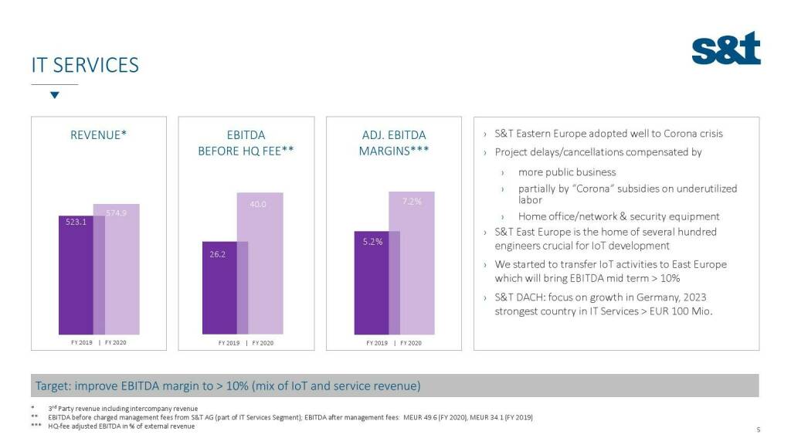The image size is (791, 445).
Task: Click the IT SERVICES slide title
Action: click(x=85, y=65)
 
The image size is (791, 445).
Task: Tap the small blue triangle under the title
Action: click(x=54, y=95)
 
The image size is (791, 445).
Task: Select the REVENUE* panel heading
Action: click(x=98, y=135)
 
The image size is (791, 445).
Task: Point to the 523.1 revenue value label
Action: click(x=76, y=221)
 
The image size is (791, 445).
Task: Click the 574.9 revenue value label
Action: click(x=116, y=212)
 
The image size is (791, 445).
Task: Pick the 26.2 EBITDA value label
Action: click(x=217, y=254)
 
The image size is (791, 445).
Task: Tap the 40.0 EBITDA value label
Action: click(x=258, y=205)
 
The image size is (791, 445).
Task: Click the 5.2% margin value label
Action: click(x=372, y=242)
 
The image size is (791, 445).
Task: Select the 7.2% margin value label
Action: click(x=412, y=202)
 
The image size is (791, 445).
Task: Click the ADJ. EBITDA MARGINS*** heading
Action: click(x=394, y=143)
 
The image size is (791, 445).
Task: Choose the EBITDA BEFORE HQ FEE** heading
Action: click(x=246, y=143)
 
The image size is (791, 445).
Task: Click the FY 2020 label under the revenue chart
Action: click(x=116, y=341)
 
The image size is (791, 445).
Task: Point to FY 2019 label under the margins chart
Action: click(x=376, y=342)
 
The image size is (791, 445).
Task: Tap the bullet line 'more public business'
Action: click(x=567, y=172)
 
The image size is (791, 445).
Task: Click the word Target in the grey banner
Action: click(x=51, y=386)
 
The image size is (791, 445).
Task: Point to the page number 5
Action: click(x=759, y=430)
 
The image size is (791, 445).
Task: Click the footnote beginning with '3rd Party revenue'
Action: click(x=123, y=408)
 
